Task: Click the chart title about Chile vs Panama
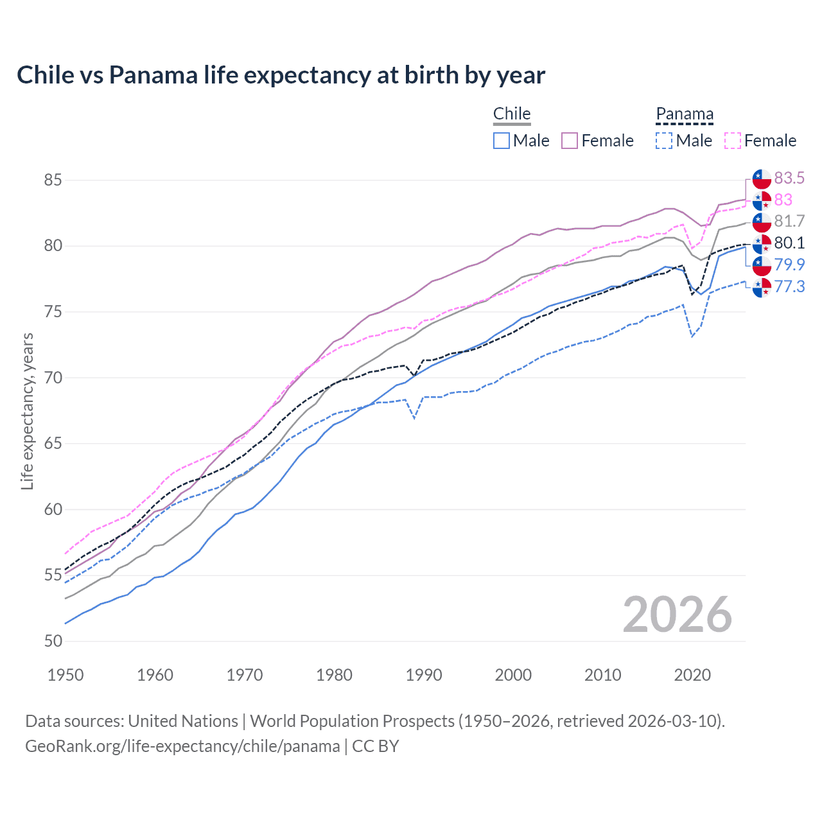[x=281, y=75]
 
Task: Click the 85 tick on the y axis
[x=53, y=180]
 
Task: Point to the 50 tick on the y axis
[x=53, y=641]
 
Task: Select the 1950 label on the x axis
[x=66, y=675]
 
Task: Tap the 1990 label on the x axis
[x=424, y=675]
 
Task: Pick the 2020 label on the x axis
[x=692, y=675]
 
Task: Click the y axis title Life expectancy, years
[x=27, y=411]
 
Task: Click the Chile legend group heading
[x=512, y=114]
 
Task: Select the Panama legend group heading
[x=685, y=114]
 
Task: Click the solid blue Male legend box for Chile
[x=502, y=141]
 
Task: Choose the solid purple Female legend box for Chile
[x=570, y=141]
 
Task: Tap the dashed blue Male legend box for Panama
[x=664, y=141]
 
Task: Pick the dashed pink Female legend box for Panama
[x=732, y=141]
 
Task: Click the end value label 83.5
[x=789, y=178]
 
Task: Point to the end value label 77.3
[x=789, y=286]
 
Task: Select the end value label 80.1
[x=789, y=243]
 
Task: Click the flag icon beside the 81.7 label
[x=762, y=222]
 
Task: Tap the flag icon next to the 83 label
[x=762, y=200]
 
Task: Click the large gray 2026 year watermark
[x=678, y=615]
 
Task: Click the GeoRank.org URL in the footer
[x=182, y=746]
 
